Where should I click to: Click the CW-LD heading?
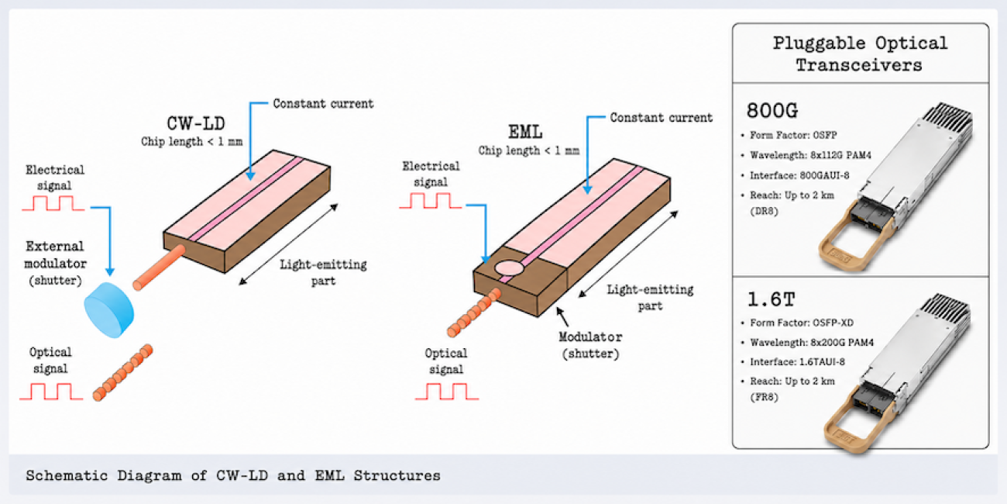pyautogui.click(x=196, y=123)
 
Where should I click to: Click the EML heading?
pyautogui.click(x=525, y=132)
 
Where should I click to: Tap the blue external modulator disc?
pyautogui.click(x=108, y=309)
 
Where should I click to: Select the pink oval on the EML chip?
pyautogui.click(x=510, y=268)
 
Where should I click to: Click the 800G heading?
pyautogui.click(x=772, y=110)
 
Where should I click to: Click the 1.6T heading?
pyautogui.click(x=771, y=299)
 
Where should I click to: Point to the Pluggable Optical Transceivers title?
pyautogui.click(x=860, y=54)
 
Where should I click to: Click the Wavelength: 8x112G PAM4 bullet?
pyautogui.click(x=806, y=155)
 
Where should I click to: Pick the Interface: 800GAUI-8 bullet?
pyautogui.click(x=796, y=175)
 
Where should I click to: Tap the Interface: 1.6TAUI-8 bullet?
pyautogui.click(x=793, y=362)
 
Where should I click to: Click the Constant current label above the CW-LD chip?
pyautogui.click(x=323, y=103)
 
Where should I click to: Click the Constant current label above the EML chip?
pyautogui.click(x=661, y=117)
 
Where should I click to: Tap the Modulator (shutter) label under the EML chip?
pyautogui.click(x=590, y=345)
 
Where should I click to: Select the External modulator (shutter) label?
pyautogui.click(x=55, y=264)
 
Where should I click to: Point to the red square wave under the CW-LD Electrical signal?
pyautogui.click(x=53, y=203)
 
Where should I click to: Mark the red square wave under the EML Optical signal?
pyautogui.click(x=446, y=392)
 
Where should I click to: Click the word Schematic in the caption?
pyautogui.click(x=67, y=475)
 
